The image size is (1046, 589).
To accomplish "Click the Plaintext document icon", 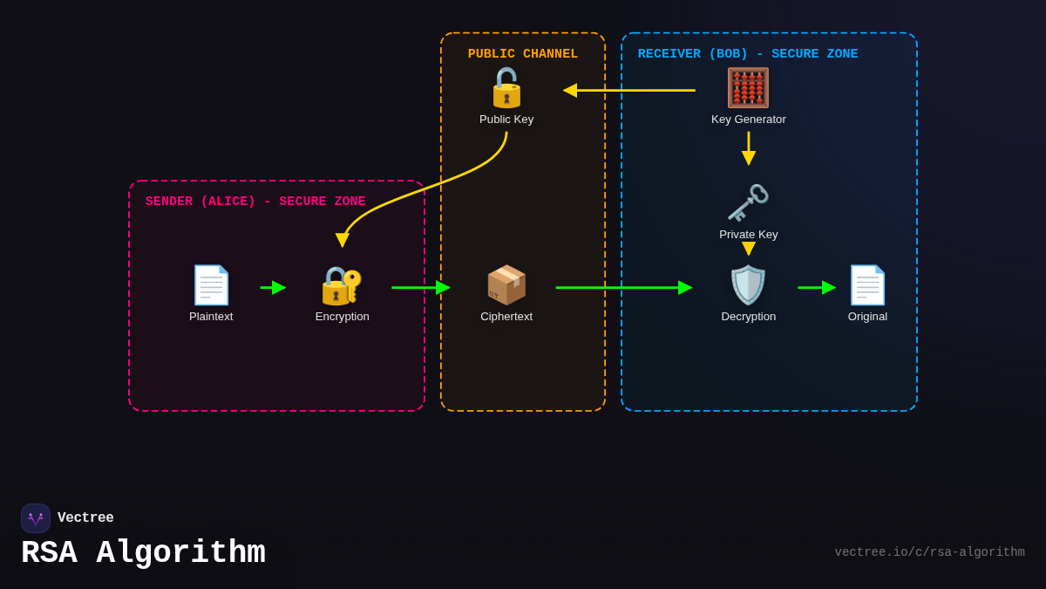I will (211, 285).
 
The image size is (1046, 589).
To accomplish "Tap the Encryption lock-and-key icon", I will (342, 285).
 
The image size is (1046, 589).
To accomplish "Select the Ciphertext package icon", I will (506, 285).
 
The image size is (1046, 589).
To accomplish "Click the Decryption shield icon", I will (748, 285).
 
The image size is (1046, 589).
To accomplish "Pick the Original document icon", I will (867, 285).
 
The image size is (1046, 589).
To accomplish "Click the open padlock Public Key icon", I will (506, 88).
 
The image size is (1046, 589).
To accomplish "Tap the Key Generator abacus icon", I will (748, 88).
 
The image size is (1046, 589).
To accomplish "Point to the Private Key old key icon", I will (748, 203).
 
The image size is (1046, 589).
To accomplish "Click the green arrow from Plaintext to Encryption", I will (273, 287).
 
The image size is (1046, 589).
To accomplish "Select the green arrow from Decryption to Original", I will (817, 287).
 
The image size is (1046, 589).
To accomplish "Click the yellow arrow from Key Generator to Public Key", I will (629, 90).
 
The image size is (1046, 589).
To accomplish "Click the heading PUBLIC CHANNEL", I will (523, 54).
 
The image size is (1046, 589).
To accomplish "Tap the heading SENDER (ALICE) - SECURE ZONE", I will (255, 202).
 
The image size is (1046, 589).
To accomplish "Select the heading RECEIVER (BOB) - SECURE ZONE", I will (748, 54).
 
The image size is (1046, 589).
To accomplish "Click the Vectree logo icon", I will (36, 518).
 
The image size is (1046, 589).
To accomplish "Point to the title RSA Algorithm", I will (143, 553).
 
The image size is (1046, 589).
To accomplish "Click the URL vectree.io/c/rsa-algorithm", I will (929, 552).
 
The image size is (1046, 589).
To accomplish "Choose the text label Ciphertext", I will (506, 317).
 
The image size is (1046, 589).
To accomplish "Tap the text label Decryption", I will (748, 317).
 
